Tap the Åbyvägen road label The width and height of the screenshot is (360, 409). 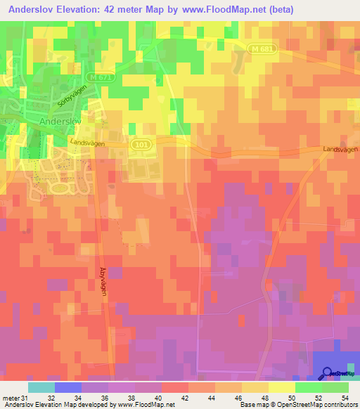pos(102,280)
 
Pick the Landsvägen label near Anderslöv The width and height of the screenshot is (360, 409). pos(87,141)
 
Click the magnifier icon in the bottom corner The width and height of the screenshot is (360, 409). pos(328,373)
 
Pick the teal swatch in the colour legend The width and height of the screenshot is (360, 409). pos(41,387)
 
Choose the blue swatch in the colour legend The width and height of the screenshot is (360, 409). pos(68,387)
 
